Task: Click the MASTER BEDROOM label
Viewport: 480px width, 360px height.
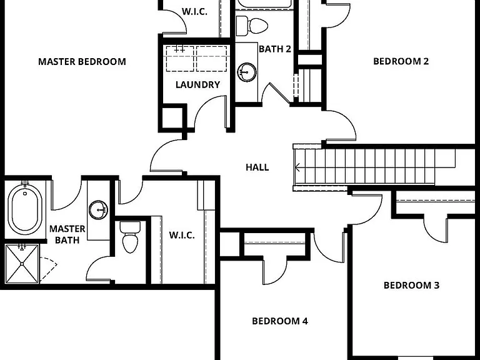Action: coord(82,61)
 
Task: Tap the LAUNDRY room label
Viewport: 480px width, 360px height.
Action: coord(197,84)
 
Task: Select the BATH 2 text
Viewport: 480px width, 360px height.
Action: coord(275,49)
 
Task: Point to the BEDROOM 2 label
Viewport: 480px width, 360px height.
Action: coord(401,61)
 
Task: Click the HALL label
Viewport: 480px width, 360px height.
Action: coord(257,167)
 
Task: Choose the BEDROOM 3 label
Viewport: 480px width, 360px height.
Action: coord(411,285)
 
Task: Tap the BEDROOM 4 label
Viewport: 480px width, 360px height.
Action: coord(280,321)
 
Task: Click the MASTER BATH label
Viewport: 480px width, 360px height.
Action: coord(67,234)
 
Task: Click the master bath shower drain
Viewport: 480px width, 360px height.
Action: coord(22,264)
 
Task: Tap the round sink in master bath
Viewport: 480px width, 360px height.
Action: coord(98,210)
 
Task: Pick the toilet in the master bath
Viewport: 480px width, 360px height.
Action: coord(130,237)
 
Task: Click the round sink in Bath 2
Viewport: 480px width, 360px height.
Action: coord(247,72)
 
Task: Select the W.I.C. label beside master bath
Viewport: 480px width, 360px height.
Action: coord(182,236)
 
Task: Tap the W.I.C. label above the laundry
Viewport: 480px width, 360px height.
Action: coord(195,12)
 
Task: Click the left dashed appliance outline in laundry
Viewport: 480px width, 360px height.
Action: coord(180,59)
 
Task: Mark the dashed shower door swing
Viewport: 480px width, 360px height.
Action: coord(48,269)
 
